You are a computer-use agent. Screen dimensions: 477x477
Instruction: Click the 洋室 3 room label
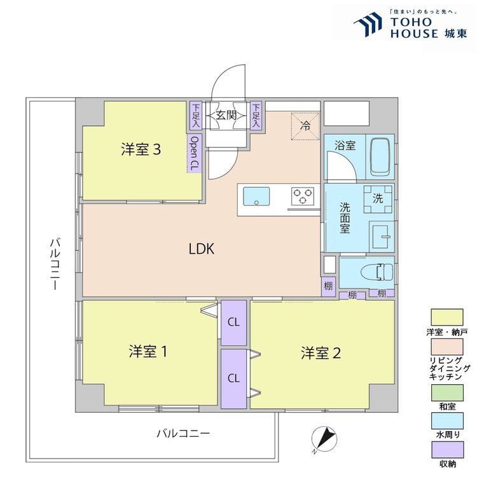click(141, 150)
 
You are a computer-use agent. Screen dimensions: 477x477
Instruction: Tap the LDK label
click(202, 249)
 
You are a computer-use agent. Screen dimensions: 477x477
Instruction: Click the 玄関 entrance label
click(226, 116)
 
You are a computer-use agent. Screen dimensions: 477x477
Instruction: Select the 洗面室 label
click(344, 218)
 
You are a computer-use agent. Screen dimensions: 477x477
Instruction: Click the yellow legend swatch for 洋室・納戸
click(447, 316)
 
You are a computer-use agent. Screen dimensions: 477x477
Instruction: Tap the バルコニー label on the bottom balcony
click(183, 434)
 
